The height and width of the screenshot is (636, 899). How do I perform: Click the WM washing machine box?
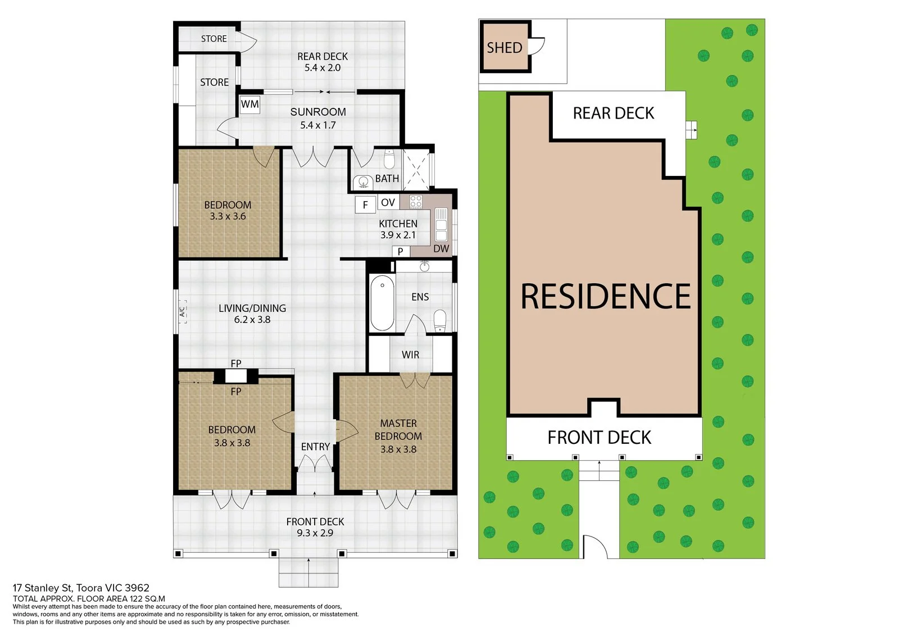[x=249, y=105]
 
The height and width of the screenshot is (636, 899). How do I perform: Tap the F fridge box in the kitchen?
[x=365, y=205]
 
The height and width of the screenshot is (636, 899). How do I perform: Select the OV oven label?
[x=388, y=202]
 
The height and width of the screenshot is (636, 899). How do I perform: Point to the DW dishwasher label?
[x=441, y=248]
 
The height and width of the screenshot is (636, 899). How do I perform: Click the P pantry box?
[x=401, y=251]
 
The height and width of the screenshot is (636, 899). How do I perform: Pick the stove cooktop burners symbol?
[x=415, y=202]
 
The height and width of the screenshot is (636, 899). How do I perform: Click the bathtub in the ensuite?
[x=382, y=303]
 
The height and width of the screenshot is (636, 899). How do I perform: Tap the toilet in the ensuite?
[x=441, y=321]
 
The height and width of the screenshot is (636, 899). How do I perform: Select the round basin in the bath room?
[x=364, y=182]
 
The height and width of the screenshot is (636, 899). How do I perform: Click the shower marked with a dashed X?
[x=416, y=169]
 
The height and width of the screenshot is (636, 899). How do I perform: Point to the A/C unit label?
[x=182, y=312]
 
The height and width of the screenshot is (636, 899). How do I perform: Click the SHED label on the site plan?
[x=505, y=48]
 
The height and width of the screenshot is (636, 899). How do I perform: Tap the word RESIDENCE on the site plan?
[x=605, y=296]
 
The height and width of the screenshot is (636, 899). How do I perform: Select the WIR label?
[x=410, y=355]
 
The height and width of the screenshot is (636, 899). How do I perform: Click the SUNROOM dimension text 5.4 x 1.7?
[x=318, y=125]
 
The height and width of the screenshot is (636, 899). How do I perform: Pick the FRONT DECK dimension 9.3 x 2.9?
[x=315, y=533]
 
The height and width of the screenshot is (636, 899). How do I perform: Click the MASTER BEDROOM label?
[x=398, y=430]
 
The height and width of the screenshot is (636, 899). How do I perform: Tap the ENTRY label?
[x=315, y=447]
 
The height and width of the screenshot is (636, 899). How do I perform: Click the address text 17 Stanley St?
[x=43, y=588]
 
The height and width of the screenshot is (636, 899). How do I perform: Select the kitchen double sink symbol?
[x=441, y=224]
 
